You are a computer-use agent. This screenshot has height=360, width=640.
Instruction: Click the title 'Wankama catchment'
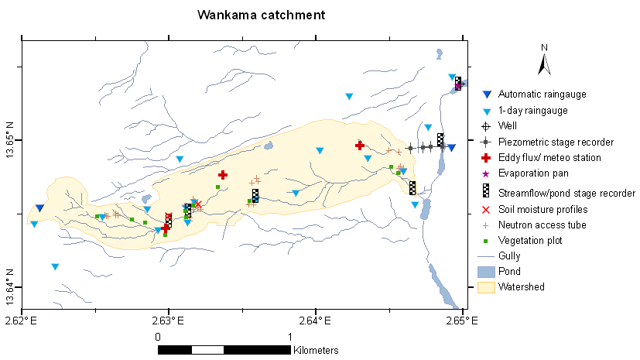(261, 15)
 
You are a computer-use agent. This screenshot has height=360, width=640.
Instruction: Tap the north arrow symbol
(544, 60)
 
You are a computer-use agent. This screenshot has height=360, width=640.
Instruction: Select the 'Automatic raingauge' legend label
(542, 94)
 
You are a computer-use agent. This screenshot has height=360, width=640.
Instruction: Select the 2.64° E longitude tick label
(315, 318)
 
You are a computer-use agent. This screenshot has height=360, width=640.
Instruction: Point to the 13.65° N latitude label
(10, 140)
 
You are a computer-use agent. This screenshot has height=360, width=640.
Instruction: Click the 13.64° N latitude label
(10, 286)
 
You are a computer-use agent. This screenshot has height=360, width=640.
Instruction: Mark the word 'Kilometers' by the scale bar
(316, 351)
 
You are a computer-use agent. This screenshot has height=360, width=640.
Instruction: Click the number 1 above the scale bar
(289, 337)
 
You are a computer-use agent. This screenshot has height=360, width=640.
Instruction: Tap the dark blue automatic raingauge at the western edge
(39, 208)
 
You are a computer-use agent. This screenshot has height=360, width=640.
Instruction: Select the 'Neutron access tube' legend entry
(542, 225)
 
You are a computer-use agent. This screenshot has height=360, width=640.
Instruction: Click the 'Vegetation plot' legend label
(530, 241)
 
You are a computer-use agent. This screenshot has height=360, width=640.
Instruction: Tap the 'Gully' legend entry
(509, 255)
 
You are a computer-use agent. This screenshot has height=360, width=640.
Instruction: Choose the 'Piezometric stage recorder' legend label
(556, 142)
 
